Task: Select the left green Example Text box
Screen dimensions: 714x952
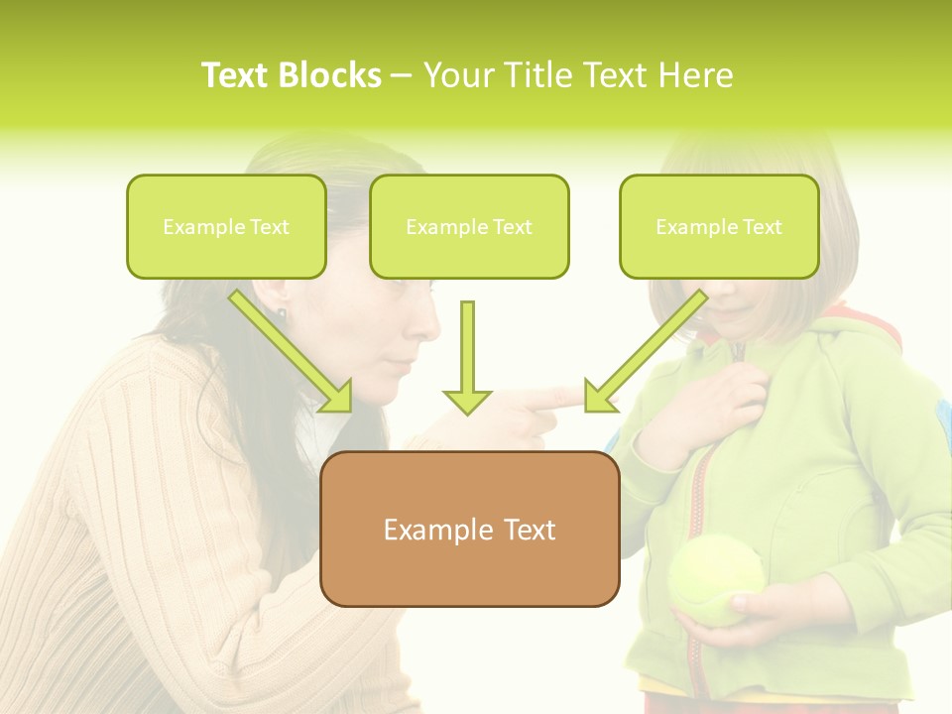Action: [226, 226]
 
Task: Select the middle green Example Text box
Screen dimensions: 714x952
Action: [469, 226]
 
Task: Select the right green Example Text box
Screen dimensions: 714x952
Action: [719, 226]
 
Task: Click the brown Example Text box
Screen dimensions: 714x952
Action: [469, 529]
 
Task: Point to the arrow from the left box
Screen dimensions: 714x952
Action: [292, 352]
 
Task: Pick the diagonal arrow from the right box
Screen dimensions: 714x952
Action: [645, 352]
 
